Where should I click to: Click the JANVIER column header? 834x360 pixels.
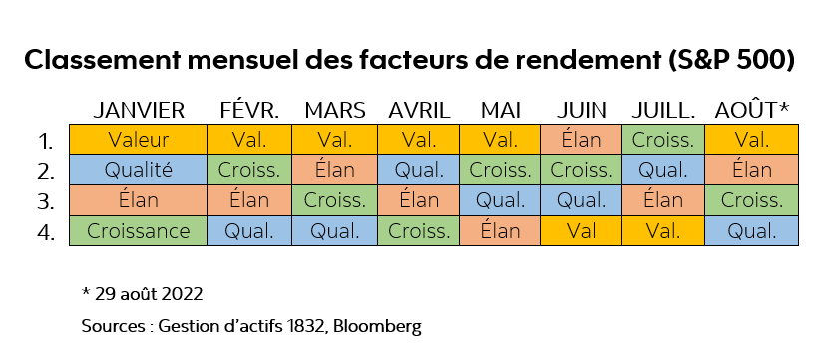138,110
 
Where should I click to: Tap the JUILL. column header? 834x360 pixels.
664,110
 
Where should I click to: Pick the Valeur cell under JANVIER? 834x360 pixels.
138,140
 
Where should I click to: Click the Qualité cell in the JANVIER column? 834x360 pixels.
138,171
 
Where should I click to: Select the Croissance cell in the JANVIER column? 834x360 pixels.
138,232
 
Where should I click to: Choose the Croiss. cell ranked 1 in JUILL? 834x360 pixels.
664,140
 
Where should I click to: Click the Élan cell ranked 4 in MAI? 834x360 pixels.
500,232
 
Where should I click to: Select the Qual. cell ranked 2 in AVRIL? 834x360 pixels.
418,171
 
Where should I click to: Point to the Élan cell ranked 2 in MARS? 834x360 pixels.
334,171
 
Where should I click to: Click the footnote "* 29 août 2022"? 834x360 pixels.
142,294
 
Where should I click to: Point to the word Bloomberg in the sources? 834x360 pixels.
384,326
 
